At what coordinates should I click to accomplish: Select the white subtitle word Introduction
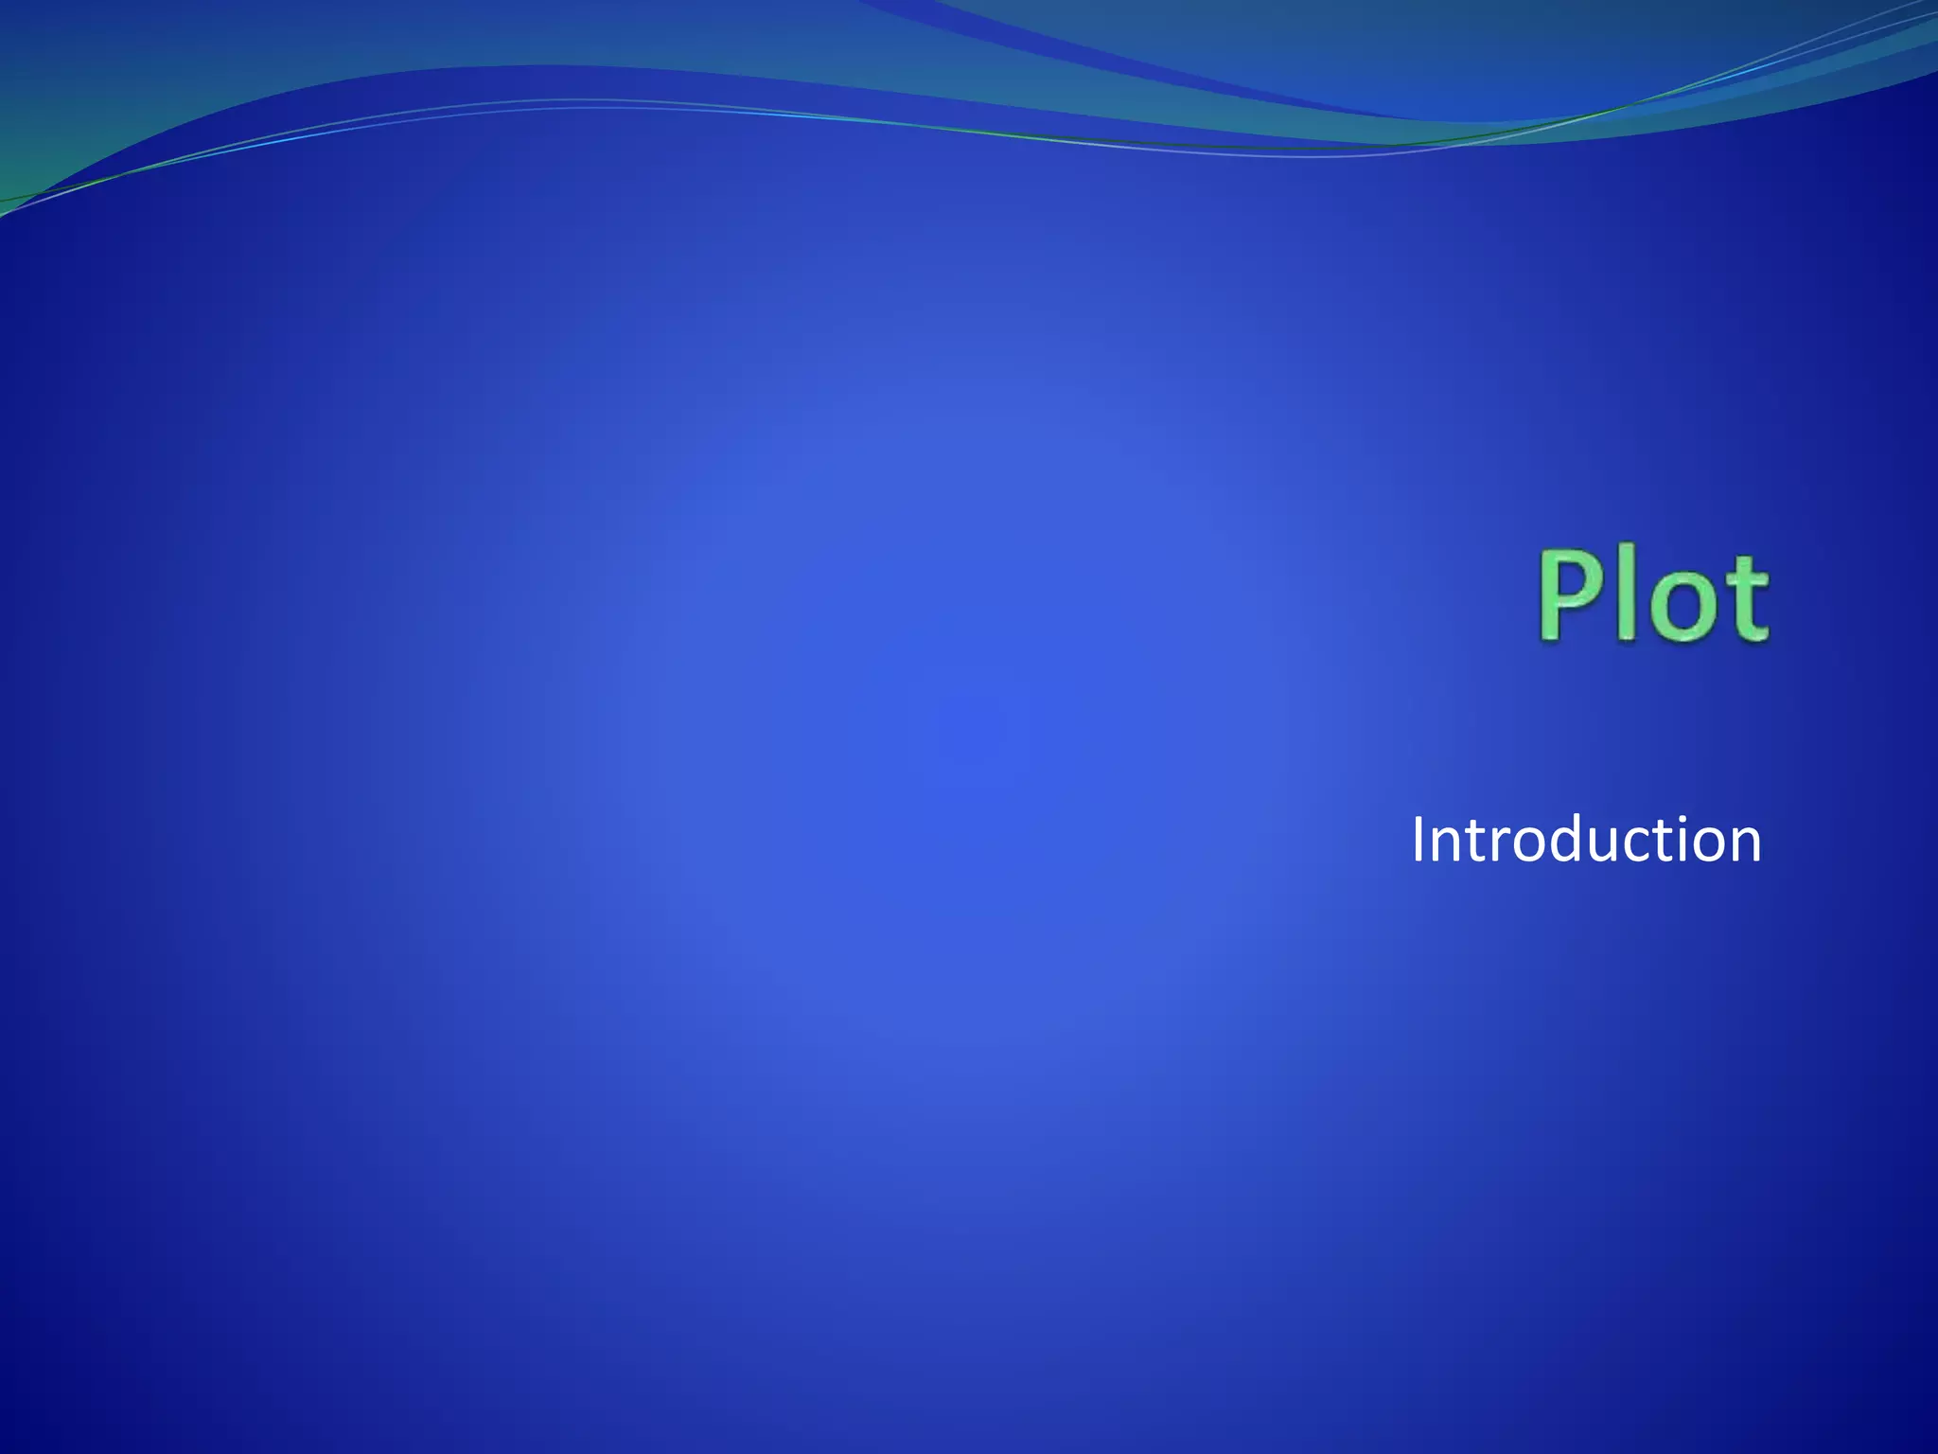[1586, 840]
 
